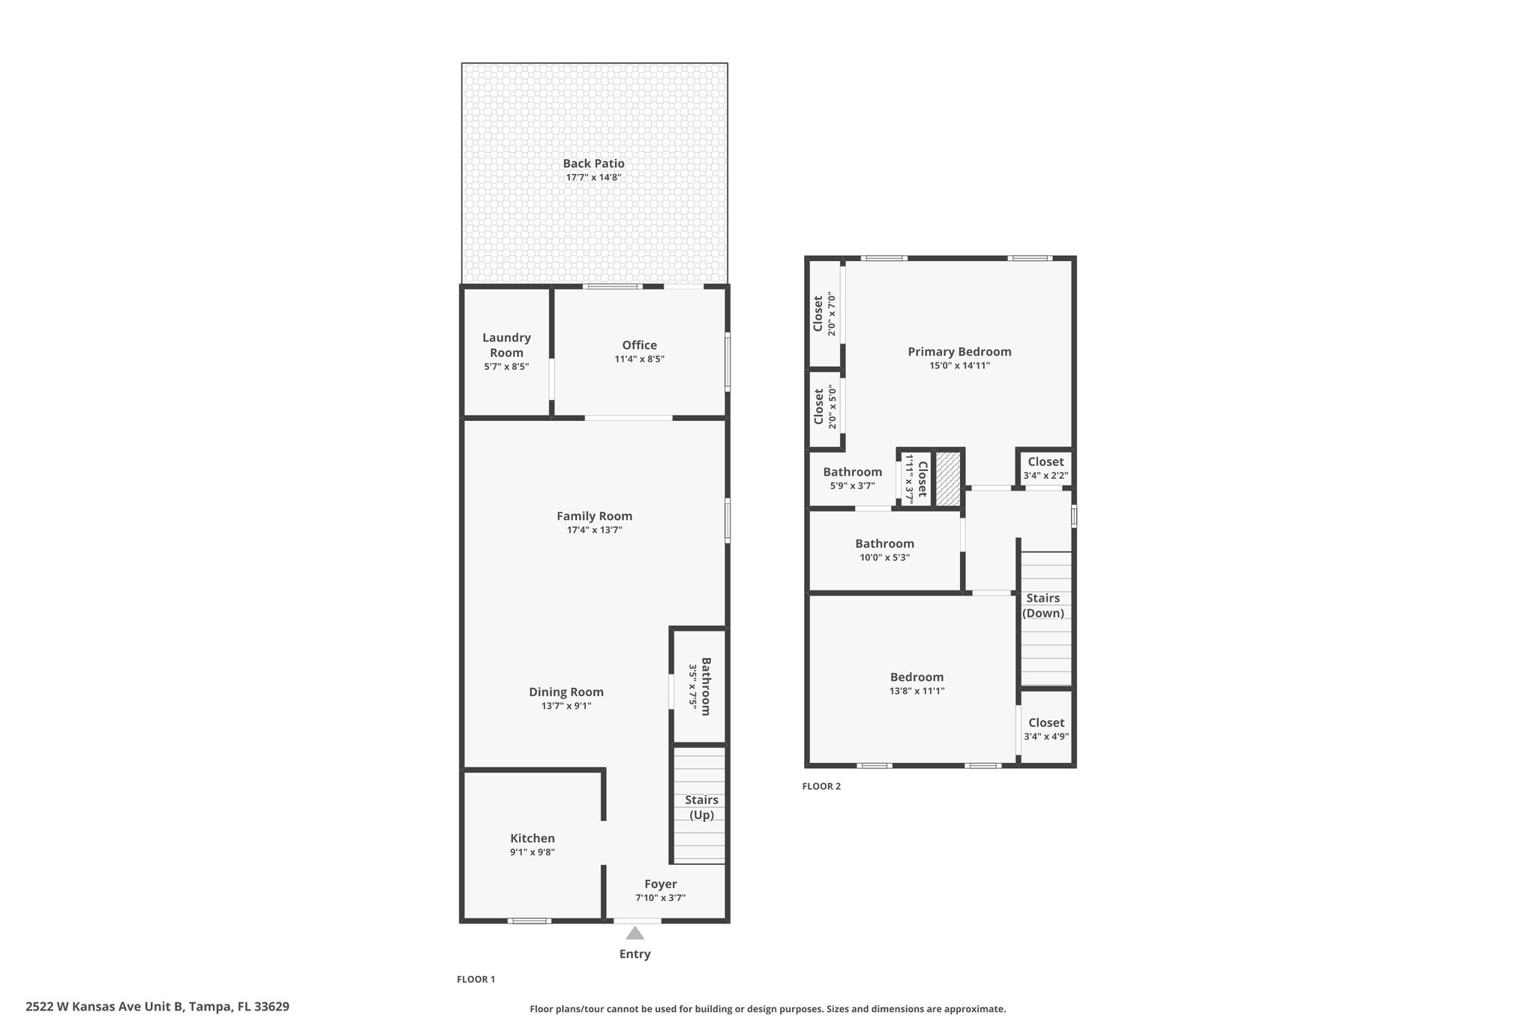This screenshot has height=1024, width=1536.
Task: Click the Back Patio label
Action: pos(594,164)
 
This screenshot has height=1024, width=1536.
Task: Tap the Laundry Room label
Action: pos(506,345)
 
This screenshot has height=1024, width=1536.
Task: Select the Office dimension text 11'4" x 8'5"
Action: pos(640,359)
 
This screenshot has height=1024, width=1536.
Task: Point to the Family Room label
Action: pos(594,516)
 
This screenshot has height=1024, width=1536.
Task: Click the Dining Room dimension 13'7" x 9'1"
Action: pos(566,706)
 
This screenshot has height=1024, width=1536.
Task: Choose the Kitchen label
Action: pos(532,838)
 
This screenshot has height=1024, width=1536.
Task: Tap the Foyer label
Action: pos(661,884)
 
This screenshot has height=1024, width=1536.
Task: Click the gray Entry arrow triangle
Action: pos(635,933)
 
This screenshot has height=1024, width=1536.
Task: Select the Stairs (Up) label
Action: pos(702,807)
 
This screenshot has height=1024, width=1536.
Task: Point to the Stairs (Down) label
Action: pos(1043,605)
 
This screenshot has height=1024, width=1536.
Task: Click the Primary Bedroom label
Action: pos(959,352)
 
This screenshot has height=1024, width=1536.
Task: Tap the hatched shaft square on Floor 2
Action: pos(948,479)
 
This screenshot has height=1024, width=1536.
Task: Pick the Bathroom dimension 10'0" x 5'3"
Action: pos(884,558)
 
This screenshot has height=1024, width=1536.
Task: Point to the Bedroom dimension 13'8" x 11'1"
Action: pos(916,691)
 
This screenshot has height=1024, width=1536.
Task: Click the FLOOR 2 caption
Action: pos(821,786)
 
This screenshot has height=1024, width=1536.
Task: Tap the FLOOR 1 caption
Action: pos(476,979)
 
